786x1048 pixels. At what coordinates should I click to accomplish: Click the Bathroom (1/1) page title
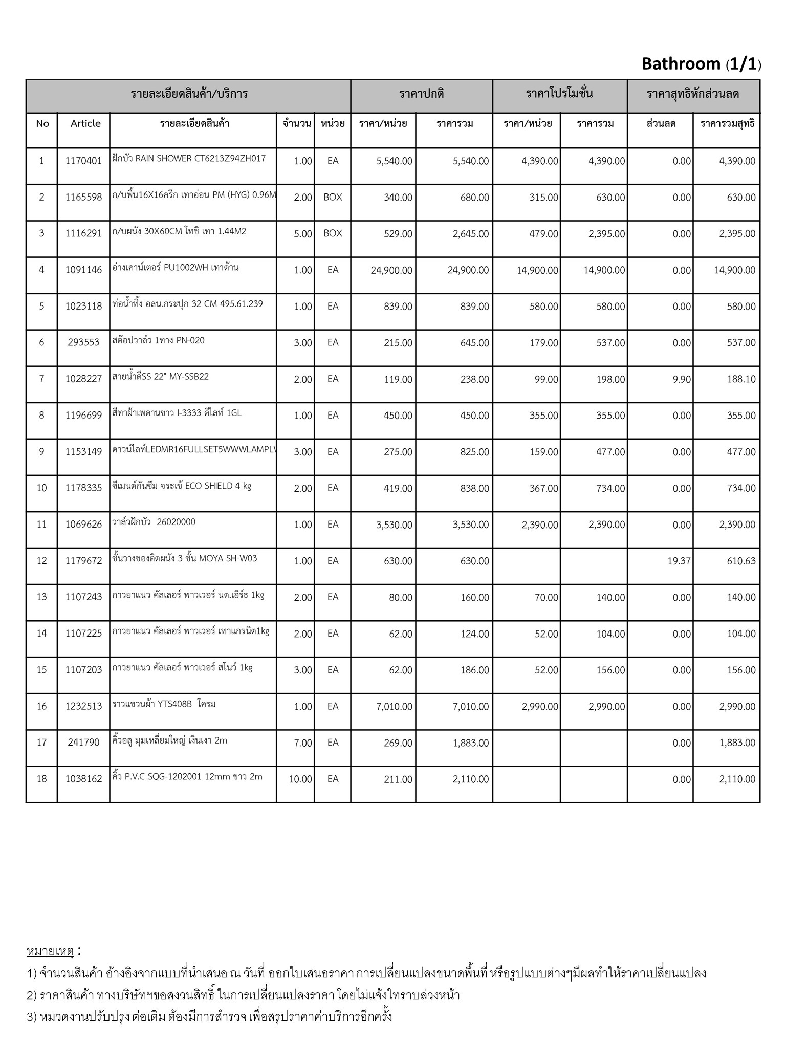click(701, 64)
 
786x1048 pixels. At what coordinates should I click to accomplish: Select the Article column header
click(85, 123)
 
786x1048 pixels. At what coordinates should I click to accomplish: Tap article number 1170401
click(83, 161)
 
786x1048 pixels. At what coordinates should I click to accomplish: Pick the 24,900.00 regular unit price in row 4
click(391, 270)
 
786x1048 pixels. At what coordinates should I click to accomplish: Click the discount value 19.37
click(679, 561)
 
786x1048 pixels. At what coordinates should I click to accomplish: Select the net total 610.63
click(741, 561)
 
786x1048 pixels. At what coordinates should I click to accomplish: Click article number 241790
click(83, 743)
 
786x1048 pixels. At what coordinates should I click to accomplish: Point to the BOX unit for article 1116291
click(333, 233)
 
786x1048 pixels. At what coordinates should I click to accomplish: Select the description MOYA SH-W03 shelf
click(185, 558)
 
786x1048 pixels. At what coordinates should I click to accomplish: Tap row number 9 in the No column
click(41, 452)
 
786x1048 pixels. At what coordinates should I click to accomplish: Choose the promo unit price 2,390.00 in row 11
click(540, 525)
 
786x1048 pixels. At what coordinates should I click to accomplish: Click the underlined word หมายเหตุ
click(51, 951)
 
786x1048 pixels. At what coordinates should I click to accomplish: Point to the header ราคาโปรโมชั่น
click(559, 94)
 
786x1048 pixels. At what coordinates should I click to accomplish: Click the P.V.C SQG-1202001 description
click(187, 777)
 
